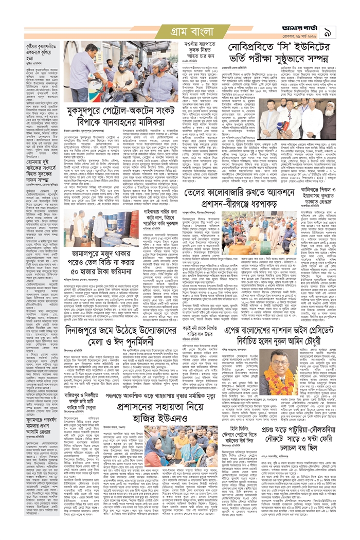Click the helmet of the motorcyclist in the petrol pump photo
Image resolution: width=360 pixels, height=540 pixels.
124,64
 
